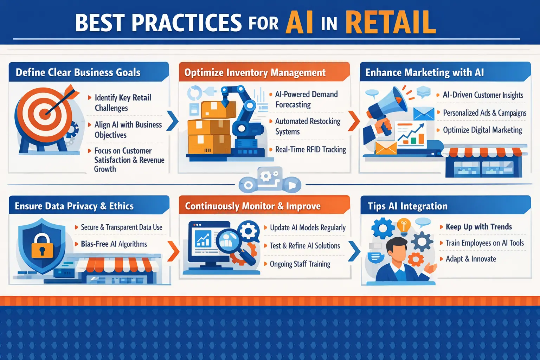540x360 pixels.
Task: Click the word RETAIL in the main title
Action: coord(391,22)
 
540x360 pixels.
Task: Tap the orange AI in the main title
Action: coord(300,22)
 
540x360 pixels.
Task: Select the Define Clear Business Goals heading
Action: coord(78,72)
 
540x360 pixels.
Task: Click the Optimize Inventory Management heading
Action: coord(255,72)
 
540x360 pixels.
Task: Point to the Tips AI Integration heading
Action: coord(407,206)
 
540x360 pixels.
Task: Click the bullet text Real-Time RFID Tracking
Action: coord(310,149)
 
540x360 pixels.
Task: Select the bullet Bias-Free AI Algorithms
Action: coord(114,244)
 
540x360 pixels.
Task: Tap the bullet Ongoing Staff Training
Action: coord(300,264)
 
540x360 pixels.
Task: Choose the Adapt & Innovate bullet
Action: coord(471,259)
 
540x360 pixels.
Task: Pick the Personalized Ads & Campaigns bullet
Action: coord(484,113)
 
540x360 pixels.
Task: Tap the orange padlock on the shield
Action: coord(42,246)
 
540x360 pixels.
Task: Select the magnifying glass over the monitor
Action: coord(231,244)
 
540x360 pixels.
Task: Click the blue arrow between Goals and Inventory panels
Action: coord(173,121)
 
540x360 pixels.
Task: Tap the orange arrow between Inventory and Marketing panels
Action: coord(354,121)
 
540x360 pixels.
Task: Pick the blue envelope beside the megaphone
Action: coord(424,114)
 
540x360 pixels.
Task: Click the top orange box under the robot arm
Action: coord(218,110)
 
